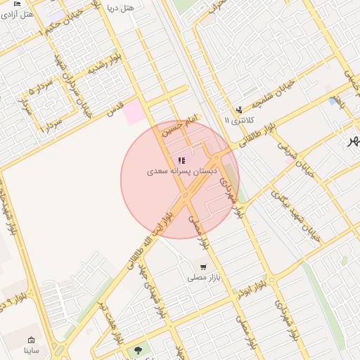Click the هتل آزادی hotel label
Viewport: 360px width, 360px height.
click(19, 14)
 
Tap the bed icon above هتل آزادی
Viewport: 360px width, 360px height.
click(16, 4)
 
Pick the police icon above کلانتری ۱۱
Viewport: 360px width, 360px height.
click(239, 110)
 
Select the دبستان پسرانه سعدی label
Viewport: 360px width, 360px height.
click(182, 171)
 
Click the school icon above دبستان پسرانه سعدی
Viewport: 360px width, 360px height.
click(182, 160)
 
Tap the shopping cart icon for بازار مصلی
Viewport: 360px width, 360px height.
click(203, 267)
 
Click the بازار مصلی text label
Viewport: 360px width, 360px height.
click(204, 278)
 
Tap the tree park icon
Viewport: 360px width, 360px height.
click(137, 349)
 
